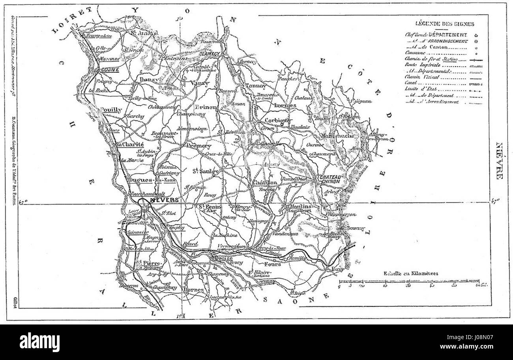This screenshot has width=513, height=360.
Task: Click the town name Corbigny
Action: pos(279,121)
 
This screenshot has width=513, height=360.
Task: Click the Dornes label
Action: pos(193,290)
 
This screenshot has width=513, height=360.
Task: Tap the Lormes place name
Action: pos(284,106)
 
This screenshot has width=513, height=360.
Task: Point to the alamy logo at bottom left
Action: pos(40,342)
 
